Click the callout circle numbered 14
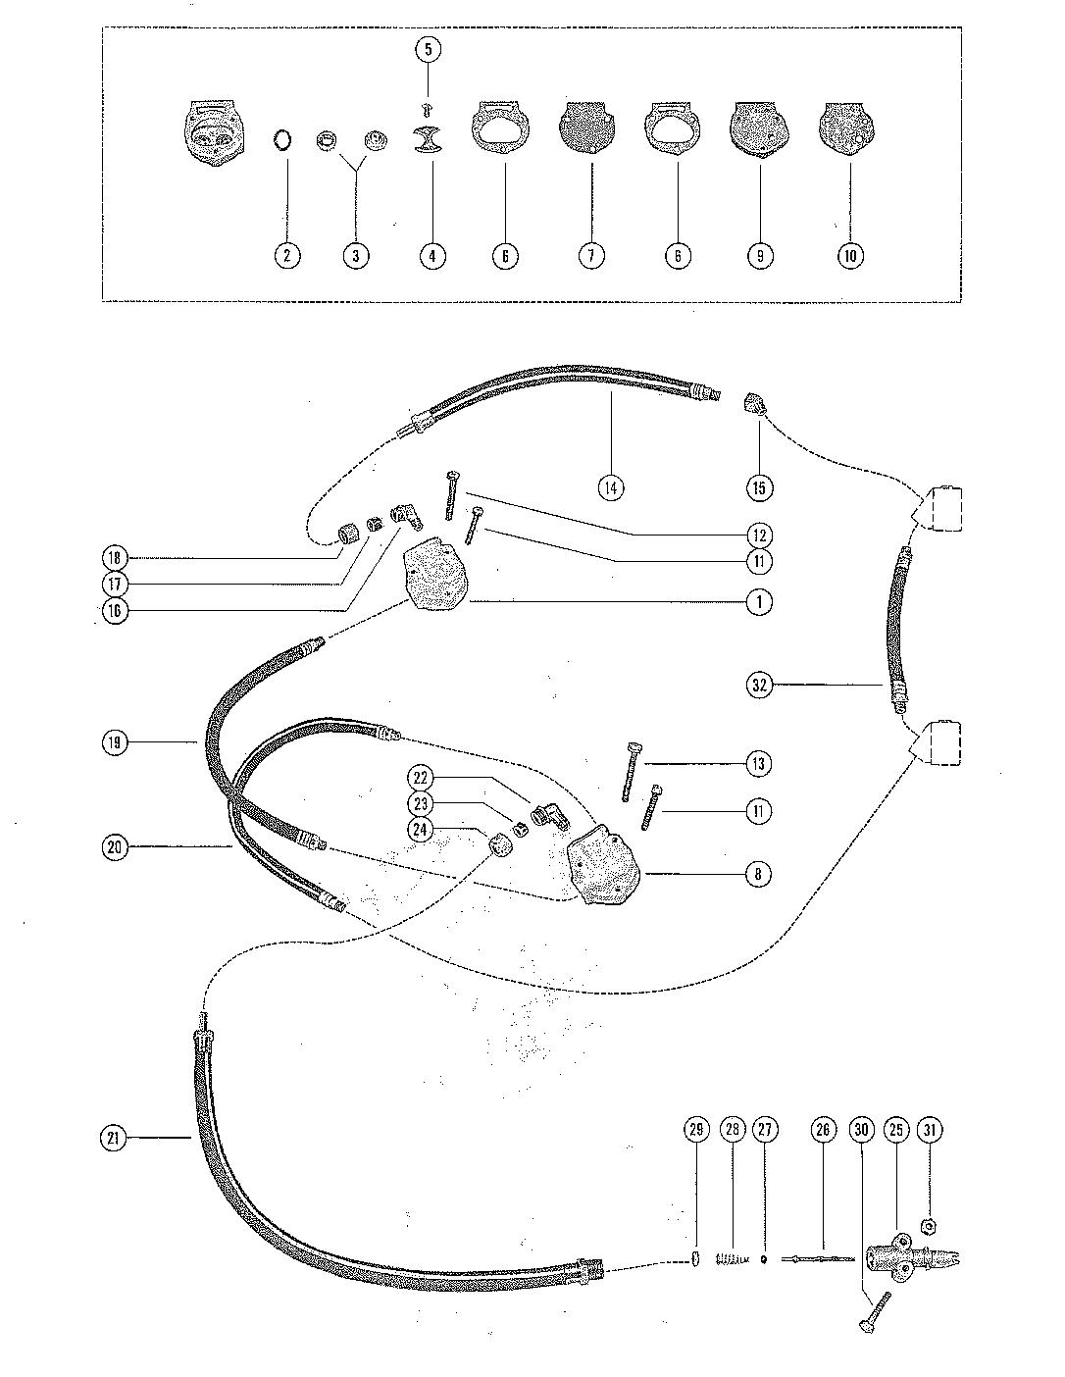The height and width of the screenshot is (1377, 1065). (x=611, y=486)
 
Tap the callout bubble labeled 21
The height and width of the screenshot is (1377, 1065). (x=115, y=1138)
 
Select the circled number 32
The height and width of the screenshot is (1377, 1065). (x=758, y=685)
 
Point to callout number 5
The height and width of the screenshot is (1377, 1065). (x=429, y=49)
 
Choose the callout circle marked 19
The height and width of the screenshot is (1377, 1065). (x=115, y=742)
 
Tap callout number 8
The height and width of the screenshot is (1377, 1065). (x=758, y=873)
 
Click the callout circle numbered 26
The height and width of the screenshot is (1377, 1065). (x=822, y=1131)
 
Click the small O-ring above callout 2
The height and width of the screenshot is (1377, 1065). (x=282, y=140)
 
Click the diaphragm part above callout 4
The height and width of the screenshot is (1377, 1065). (x=430, y=140)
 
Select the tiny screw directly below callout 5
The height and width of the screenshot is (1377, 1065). (x=428, y=106)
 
